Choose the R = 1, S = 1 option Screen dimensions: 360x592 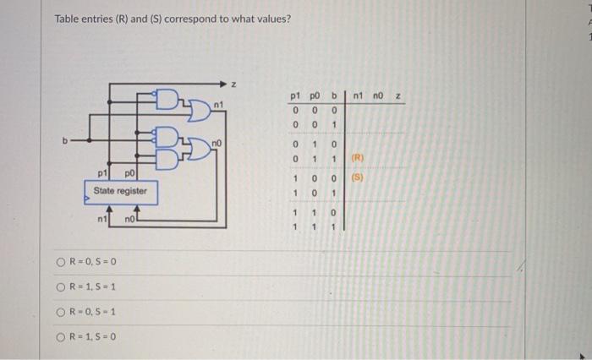(x=61, y=286)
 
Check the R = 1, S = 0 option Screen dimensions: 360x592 (x=61, y=335)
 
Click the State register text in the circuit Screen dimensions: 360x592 (x=120, y=191)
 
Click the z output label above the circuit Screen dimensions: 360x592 (x=234, y=84)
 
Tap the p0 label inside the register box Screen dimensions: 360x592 (x=129, y=175)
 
